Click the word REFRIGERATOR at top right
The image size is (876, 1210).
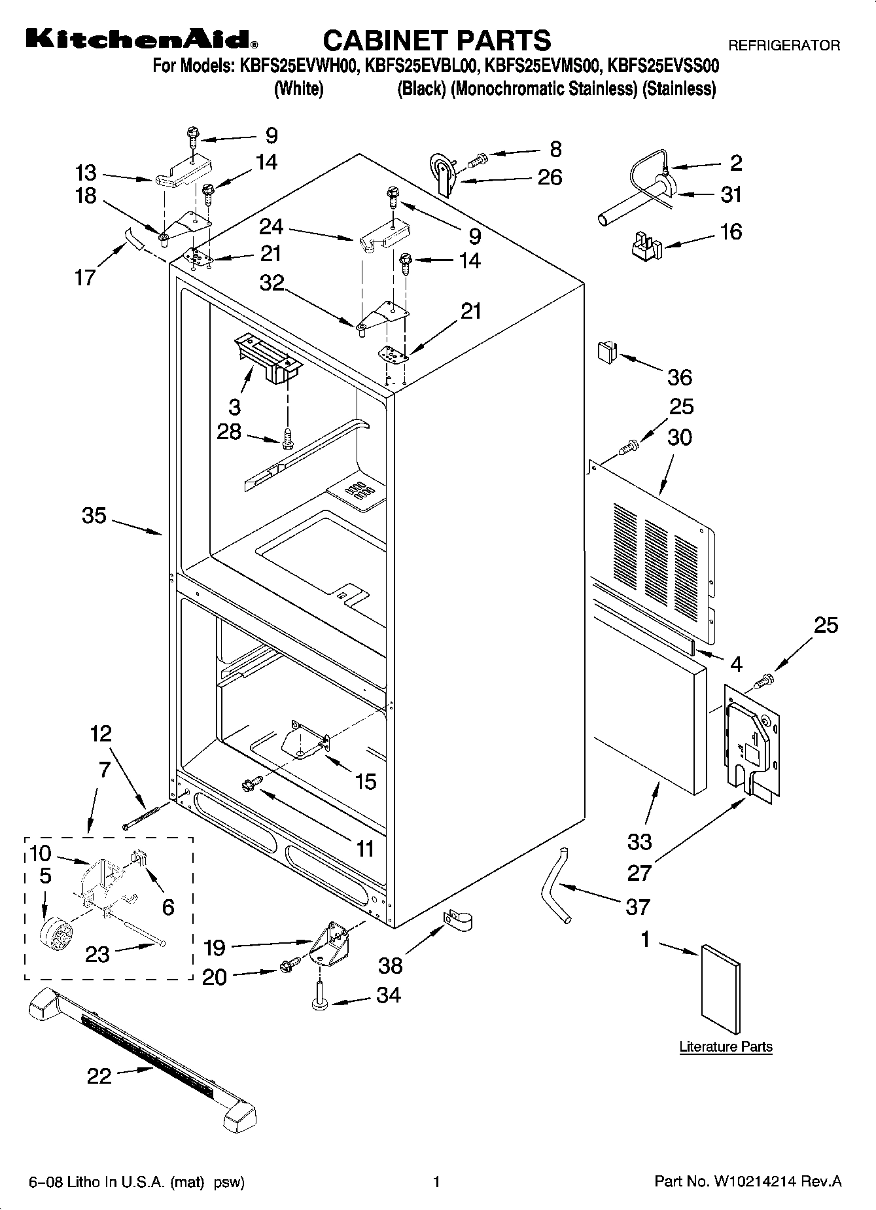click(784, 46)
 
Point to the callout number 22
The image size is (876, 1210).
click(99, 1076)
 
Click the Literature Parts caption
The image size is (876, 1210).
click(726, 1046)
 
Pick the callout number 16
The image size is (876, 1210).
click(731, 232)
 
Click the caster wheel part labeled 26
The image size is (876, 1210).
click(443, 172)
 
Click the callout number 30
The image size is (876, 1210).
click(679, 437)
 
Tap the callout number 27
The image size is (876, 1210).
click(639, 872)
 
